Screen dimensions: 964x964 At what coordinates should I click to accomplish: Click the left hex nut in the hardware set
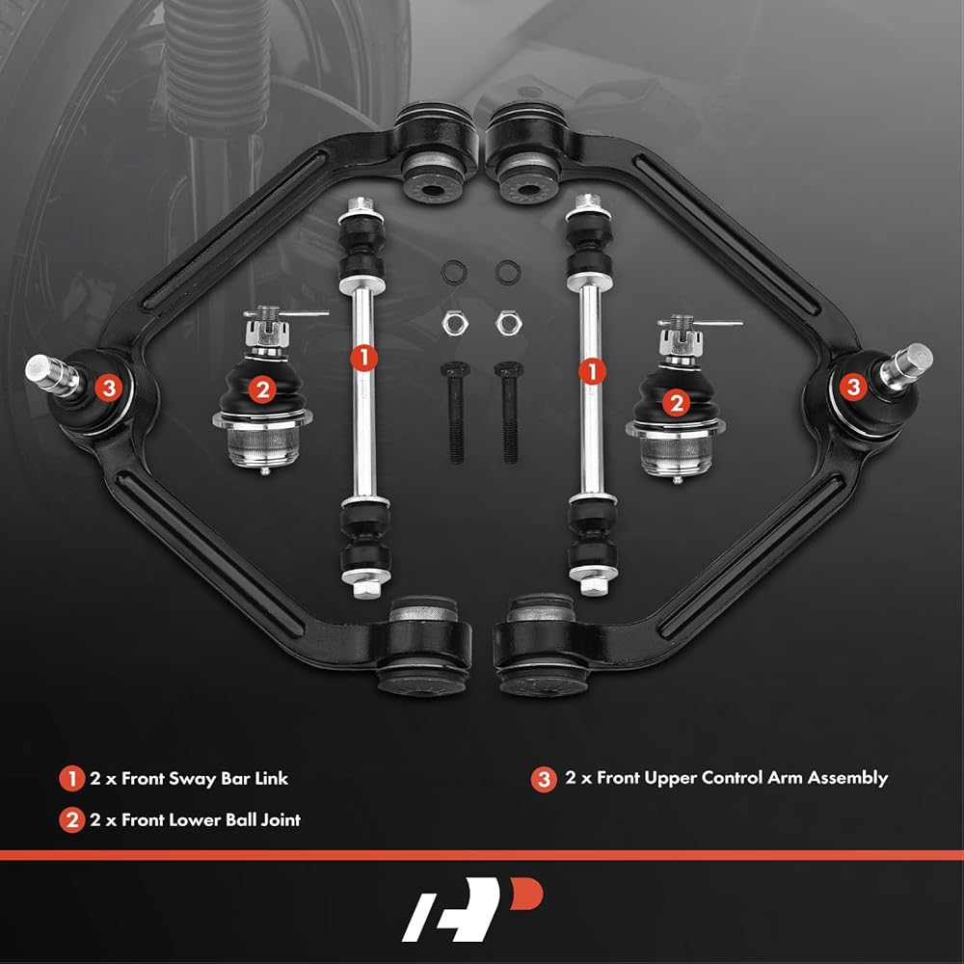[x=455, y=323]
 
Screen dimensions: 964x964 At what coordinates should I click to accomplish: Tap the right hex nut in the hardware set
[x=509, y=323]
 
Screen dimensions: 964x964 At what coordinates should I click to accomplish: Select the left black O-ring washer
[x=454, y=272]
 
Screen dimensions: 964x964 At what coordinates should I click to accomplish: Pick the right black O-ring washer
[x=508, y=272]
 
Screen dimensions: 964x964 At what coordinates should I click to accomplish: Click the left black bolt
[x=456, y=412]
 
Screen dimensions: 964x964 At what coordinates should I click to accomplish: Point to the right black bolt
[x=509, y=412]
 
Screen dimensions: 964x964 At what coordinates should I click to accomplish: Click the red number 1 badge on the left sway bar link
[x=364, y=358]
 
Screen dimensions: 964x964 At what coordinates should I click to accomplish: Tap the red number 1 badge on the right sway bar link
[x=592, y=371]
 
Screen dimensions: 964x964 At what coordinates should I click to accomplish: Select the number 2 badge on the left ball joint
[x=262, y=389]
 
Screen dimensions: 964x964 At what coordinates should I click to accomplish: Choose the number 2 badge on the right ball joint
[x=677, y=403]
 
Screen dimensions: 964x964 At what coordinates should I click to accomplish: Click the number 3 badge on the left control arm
[x=109, y=388]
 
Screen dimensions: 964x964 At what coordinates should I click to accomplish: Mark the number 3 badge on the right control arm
[x=853, y=387]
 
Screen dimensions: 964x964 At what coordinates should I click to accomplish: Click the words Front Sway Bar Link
[x=204, y=779]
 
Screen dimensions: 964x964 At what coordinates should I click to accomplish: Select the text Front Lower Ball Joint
[x=211, y=820]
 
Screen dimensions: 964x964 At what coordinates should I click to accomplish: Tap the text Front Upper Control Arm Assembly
[x=742, y=778]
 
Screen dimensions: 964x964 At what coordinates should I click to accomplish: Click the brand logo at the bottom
[x=472, y=909]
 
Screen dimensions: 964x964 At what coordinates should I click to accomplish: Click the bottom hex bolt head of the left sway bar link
[x=365, y=589]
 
